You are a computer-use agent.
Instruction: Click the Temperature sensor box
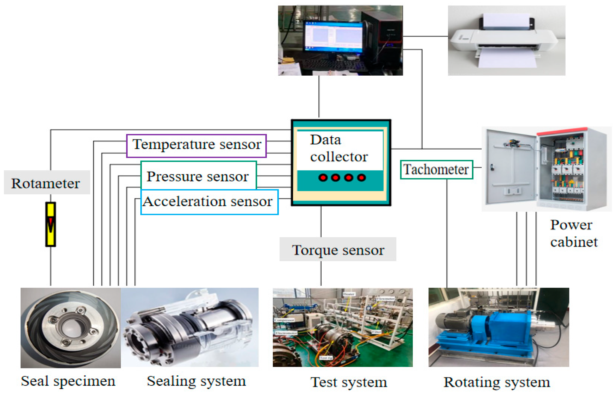[197, 145]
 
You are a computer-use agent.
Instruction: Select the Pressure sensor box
[199, 176]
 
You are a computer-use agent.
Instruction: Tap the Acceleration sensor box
[209, 202]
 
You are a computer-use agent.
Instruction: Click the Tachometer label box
[436, 170]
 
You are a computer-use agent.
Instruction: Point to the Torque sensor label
[338, 250]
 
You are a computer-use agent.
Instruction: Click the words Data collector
[339, 148]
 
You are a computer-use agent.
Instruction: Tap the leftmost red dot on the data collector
[323, 178]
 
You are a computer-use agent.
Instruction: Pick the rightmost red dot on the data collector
[361, 178]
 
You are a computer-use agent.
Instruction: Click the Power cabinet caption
[574, 233]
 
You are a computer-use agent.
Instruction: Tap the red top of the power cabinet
[562, 131]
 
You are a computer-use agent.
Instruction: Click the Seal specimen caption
[68, 381]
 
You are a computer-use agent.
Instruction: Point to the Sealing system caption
[196, 381]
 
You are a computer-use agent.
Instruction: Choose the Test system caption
[348, 382]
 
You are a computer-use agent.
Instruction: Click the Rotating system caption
[497, 382]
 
